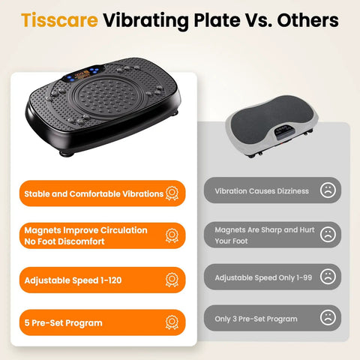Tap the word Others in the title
[x=303, y=20]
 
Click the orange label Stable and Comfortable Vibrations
[x=94, y=193]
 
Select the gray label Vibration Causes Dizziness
[x=260, y=190]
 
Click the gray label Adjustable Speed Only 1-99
[x=262, y=277]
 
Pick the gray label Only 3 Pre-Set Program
[x=256, y=318]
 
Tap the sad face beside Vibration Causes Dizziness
[x=327, y=190]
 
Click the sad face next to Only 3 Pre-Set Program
[x=327, y=318]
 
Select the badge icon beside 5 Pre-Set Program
[x=171, y=322]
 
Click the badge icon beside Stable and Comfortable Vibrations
[x=171, y=193]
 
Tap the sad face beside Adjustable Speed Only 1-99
[x=327, y=277]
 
